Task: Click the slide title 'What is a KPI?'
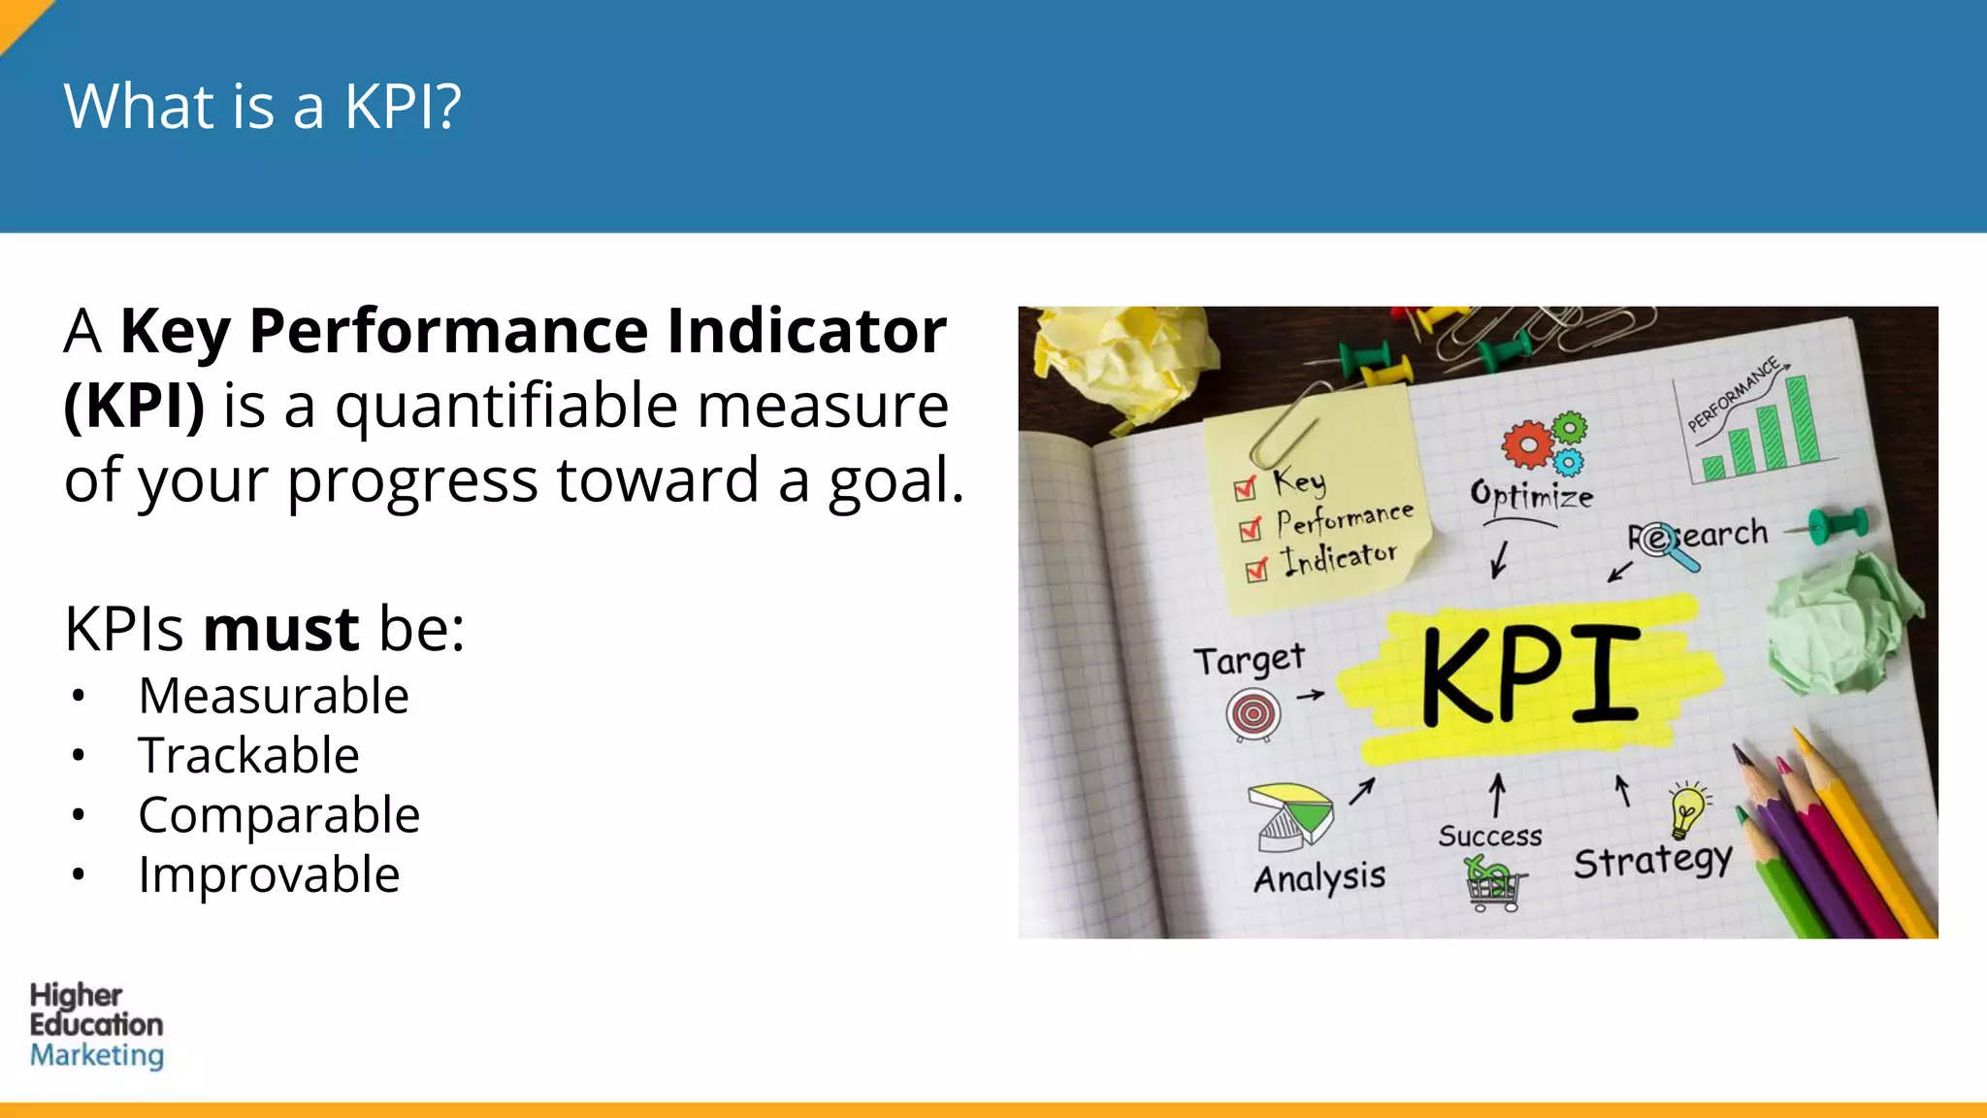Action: (262, 106)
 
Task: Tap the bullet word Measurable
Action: (274, 696)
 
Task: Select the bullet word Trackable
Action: (248, 755)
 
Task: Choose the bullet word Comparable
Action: (278, 815)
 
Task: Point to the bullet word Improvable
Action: (269, 874)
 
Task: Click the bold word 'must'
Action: (281, 629)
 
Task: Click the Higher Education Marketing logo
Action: (96, 1025)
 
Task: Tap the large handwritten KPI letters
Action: (1530, 676)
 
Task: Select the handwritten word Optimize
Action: (1531, 495)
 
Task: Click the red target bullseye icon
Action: (1253, 715)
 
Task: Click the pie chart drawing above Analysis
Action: (1291, 813)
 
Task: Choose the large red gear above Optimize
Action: (1527, 444)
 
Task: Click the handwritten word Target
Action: (1249, 661)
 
